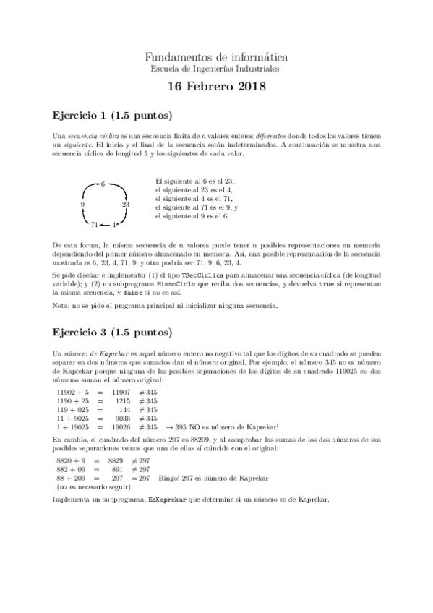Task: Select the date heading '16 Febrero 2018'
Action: tap(216, 88)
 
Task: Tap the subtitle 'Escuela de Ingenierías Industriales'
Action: tap(216, 69)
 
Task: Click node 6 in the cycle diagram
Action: tap(103, 184)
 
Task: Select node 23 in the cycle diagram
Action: tap(126, 205)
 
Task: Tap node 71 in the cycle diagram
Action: tap(94, 225)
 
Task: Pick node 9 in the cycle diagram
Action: tap(83, 205)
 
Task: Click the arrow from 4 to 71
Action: tap(106, 225)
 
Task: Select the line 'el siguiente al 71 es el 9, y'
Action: tap(197, 207)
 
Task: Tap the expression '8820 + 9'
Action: tap(71, 460)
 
